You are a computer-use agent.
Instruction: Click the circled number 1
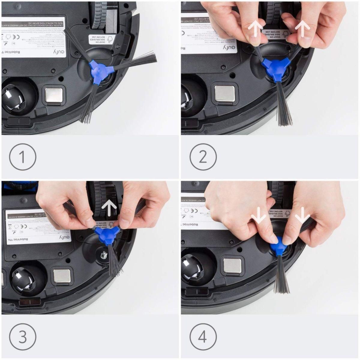pos(22,157)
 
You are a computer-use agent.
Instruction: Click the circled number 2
pos(203,157)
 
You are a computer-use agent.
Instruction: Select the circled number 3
pos(22,337)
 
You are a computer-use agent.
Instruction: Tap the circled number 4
pos(203,337)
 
